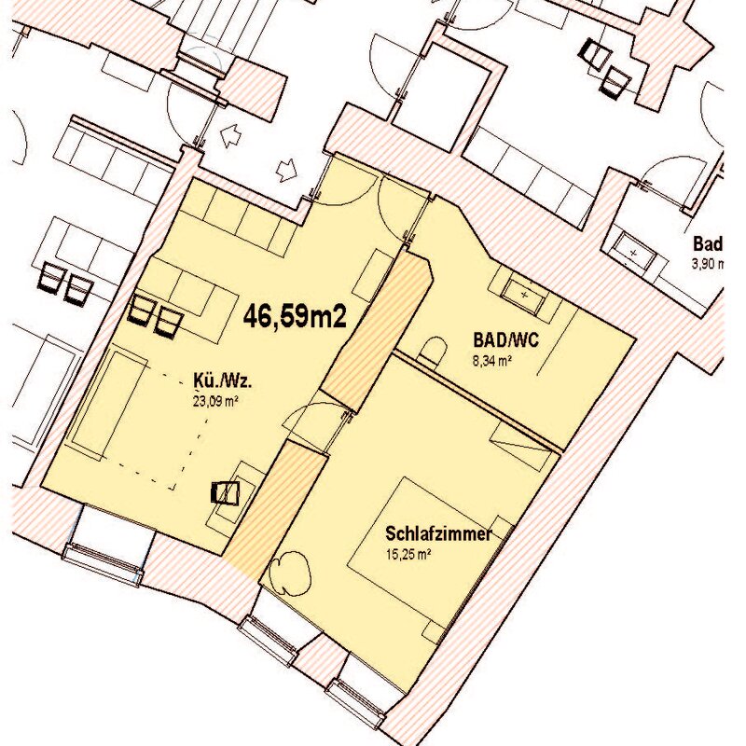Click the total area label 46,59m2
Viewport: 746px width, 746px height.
pyautogui.click(x=295, y=316)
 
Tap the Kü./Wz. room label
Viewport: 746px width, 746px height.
pyautogui.click(x=222, y=381)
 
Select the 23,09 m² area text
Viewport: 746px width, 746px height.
pyautogui.click(x=215, y=401)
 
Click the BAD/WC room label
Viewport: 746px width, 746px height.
pyautogui.click(x=505, y=340)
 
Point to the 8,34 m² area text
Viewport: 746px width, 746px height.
pyautogui.click(x=492, y=361)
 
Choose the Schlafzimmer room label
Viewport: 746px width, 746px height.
pyautogui.click(x=438, y=533)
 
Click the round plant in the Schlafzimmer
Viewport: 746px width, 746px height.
pyautogui.click(x=289, y=572)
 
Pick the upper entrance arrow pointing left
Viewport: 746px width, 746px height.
pyautogui.click(x=230, y=135)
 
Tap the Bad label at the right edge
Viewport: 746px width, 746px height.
pyautogui.click(x=708, y=243)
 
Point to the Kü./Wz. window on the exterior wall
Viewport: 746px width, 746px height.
pyautogui.click(x=104, y=563)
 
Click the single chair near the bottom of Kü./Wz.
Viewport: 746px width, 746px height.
pyautogui.click(x=225, y=492)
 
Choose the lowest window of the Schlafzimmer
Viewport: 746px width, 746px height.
pyautogui.click(x=357, y=698)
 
